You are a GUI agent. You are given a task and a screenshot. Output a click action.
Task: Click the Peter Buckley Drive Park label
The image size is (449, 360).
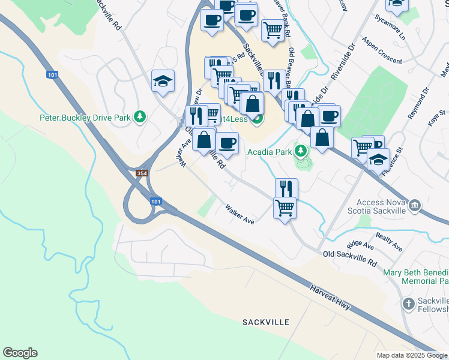(85, 118)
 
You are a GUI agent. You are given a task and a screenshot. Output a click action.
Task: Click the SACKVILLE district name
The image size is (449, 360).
(262, 322)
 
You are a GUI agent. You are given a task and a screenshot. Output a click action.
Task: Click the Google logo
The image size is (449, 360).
(20, 353)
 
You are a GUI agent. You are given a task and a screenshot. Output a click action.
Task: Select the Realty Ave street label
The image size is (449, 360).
(389, 242)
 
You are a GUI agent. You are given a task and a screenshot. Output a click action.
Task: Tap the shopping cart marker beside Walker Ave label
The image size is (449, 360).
(285, 209)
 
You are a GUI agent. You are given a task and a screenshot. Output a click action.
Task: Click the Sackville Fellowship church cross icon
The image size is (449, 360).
(408, 303)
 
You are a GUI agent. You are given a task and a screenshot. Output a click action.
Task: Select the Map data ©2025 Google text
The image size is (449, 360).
(412, 355)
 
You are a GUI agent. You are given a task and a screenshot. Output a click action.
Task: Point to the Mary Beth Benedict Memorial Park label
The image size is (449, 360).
(416, 277)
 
